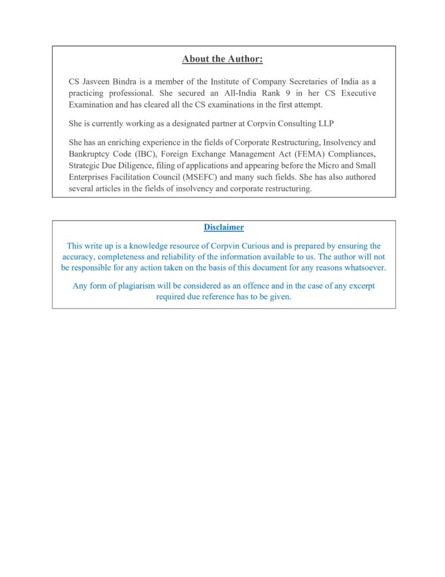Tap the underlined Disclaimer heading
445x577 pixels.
pos(223,227)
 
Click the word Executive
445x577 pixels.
pos(357,93)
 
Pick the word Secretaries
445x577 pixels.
pos(292,82)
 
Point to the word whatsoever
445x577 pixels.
pos(364,268)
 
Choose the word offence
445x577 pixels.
pos(258,286)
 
